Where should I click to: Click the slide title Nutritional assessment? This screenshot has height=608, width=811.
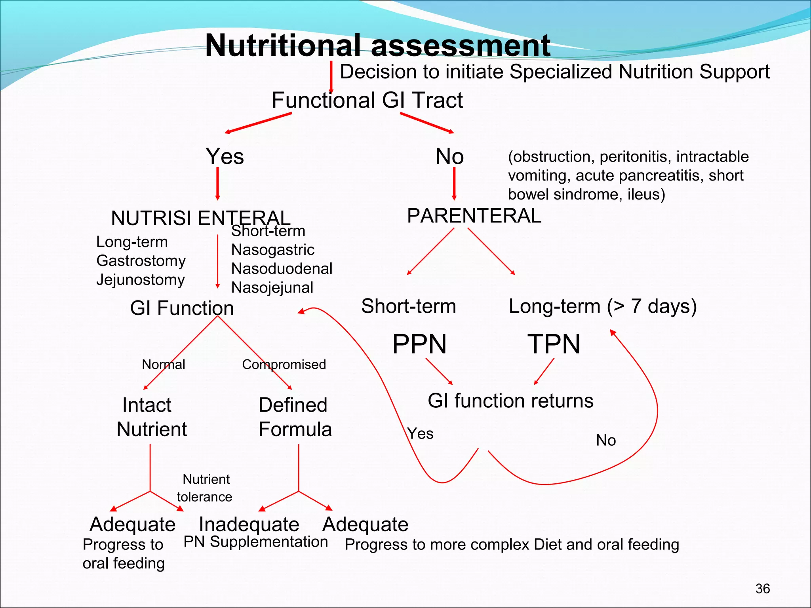(x=377, y=46)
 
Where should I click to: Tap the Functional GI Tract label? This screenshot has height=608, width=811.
(x=367, y=100)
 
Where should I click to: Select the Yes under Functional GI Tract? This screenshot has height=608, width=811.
(x=225, y=156)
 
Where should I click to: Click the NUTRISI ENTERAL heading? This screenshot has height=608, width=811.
(x=200, y=218)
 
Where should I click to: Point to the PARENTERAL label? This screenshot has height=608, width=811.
(x=474, y=216)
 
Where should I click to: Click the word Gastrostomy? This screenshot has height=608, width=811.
(x=141, y=261)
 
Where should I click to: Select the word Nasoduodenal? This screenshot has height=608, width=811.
(x=282, y=269)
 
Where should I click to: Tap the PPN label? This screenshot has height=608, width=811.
(x=419, y=344)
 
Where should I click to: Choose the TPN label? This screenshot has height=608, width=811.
(x=554, y=344)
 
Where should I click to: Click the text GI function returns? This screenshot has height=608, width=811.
(x=510, y=401)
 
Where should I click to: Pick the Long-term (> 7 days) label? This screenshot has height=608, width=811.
(x=602, y=306)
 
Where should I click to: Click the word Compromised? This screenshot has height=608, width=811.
(x=284, y=365)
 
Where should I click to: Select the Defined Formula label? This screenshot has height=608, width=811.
(x=295, y=417)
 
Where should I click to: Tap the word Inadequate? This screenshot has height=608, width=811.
(x=249, y=524)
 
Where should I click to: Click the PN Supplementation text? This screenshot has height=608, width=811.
(x=255, y=542)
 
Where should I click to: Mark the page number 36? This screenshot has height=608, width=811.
(x=762, y=589)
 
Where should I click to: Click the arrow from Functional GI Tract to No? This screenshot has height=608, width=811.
(x=426, y=123)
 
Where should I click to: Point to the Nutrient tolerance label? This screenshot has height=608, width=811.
(x=205, y=488)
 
